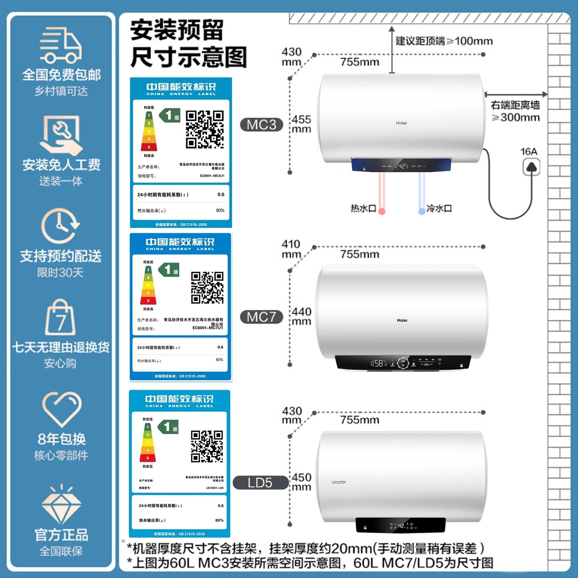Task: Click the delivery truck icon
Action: (61, 45)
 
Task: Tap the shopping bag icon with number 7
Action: (61, 318)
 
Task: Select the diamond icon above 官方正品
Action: (61, 504)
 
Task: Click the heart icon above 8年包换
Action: (61, 409)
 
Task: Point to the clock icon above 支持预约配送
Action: (61, 226)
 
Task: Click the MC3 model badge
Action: (261, 125)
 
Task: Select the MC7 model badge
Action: (261, 317)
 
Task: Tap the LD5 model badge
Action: (260, 482)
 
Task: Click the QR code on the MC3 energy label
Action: (205, 129)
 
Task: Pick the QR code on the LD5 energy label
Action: (207, 446)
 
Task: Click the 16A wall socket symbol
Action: (531, 167)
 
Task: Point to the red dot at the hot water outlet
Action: (382, 211)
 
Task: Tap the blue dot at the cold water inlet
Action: (422, 211)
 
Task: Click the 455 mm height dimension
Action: (301, 124)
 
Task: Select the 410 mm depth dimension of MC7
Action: (291, 249)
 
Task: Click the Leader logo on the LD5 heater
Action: (339, 482)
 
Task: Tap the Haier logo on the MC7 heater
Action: (402, 320)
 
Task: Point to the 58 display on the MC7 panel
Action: (379, 363)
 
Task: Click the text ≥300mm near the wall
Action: (516, 118)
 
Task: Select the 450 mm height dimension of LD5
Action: (301, 482)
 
